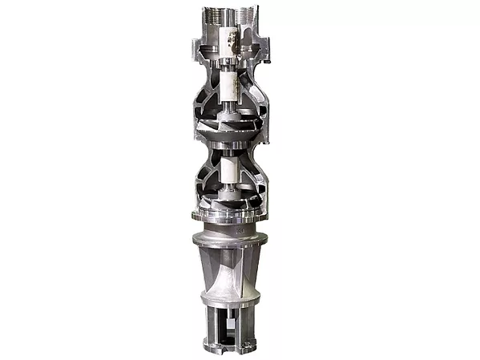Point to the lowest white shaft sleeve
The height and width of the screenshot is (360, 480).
coord(230,169)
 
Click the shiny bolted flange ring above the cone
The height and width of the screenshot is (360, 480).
coord(230,216)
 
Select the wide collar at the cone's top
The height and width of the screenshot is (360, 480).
coord(230,239)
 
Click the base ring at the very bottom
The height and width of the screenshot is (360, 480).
coord(230,348)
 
